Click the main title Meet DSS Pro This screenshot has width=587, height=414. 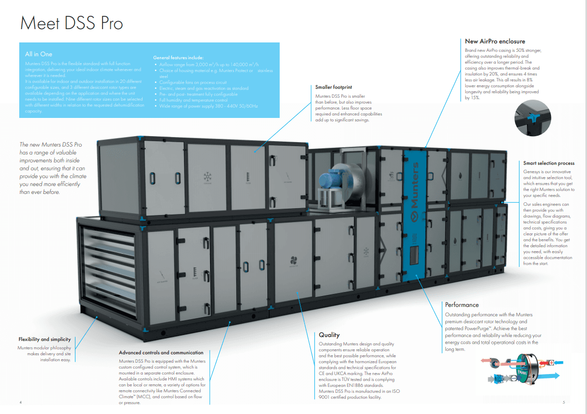(71, 23)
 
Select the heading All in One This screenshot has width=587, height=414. (38, 54)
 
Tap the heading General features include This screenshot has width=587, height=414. (182, 58)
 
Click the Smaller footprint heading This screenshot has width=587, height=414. (333, 87)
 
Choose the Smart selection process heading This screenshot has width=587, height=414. (549, 163)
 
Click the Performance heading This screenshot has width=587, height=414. (462, 305)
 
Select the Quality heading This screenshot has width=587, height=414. (329, 335)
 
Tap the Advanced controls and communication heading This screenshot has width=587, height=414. (161, 353)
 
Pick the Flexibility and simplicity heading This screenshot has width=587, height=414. (44, 339)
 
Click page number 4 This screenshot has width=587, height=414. (21, 402)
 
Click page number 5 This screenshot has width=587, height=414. (563, 402)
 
